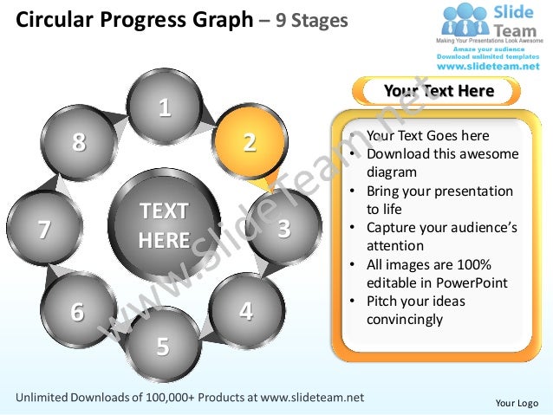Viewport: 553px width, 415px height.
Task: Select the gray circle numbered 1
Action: (163, 108)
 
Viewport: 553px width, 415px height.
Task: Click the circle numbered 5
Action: (162, 345)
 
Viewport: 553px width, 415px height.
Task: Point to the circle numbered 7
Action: (44, 229)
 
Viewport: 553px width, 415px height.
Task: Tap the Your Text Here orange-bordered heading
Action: (438, 91)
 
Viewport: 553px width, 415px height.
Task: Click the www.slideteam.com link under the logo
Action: (491, 65)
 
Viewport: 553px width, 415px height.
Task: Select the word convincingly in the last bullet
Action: (405, 319)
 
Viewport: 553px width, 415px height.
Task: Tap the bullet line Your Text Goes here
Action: (427, 136)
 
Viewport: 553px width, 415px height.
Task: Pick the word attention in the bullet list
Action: (397, 246)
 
